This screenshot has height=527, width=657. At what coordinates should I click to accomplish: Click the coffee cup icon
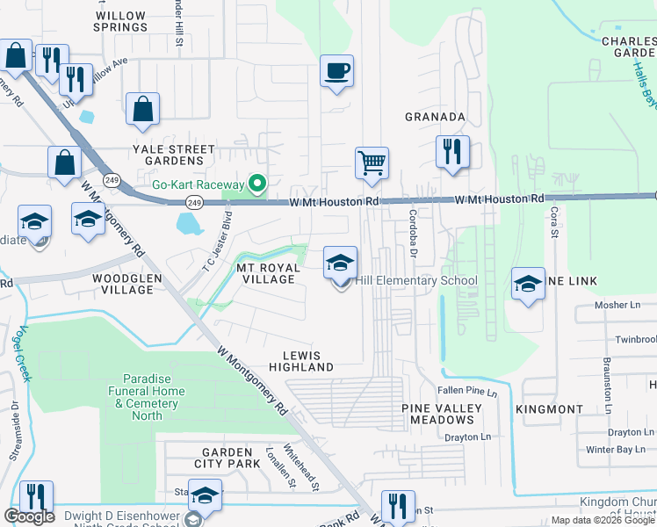pyautogui.click(x=337, y=71)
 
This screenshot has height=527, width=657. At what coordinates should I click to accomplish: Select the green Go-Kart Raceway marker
pyautogui.click(x=257, y=184)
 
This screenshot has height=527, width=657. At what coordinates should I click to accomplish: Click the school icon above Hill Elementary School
pyautogui.click(x=341, y=263)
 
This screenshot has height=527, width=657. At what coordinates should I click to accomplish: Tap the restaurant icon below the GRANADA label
pyautogui.click(x=453, y=152)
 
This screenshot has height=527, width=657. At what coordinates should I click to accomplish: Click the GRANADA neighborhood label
pyautogui.click(x=434, y=117)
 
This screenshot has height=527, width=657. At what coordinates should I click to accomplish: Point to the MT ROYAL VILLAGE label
pyautogui.click(x=264, y=272)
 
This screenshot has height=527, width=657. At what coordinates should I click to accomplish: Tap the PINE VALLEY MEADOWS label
pyautogui.click(x=437, y=415)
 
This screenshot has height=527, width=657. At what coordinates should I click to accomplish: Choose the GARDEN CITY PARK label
pyautogui.click(x=227, y=458)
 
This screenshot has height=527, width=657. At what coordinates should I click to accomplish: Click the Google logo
pyautogui.click(x=29, y=516)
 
